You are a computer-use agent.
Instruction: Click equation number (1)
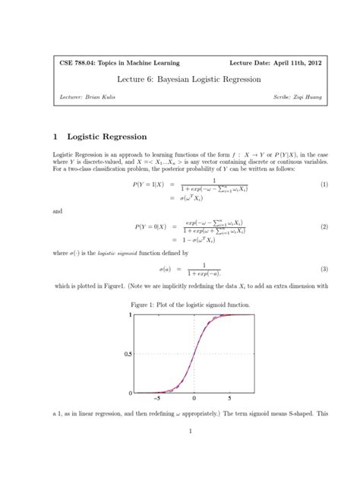(323, 185)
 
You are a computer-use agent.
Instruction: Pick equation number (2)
(323, 227)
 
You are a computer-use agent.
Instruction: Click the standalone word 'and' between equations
(58, 213)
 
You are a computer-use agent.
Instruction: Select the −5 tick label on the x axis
(157, 398)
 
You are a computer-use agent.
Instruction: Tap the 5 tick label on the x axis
(230, 398)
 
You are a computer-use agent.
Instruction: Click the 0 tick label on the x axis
(194, 398)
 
